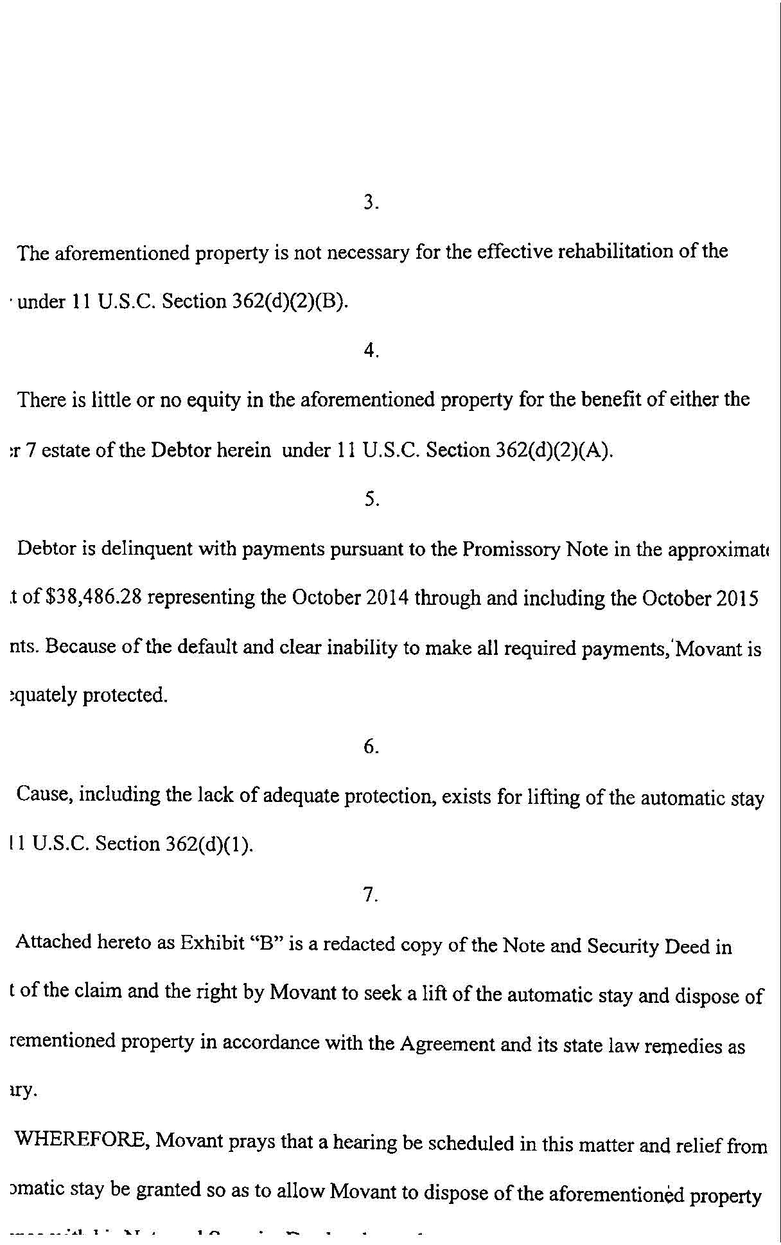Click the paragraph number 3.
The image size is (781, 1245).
[371, 203]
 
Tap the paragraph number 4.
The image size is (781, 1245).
[371, 351]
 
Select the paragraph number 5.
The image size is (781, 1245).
[371, 499]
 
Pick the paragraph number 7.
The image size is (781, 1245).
[371, 894]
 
